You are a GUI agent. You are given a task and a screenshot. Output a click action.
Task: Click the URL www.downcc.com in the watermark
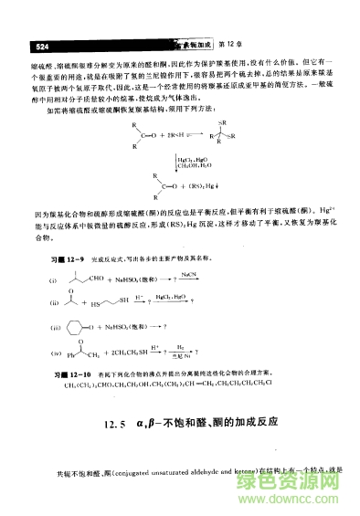click(x=312, y=500)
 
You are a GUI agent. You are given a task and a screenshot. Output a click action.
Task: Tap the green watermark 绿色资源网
click(x=312, y=479)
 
